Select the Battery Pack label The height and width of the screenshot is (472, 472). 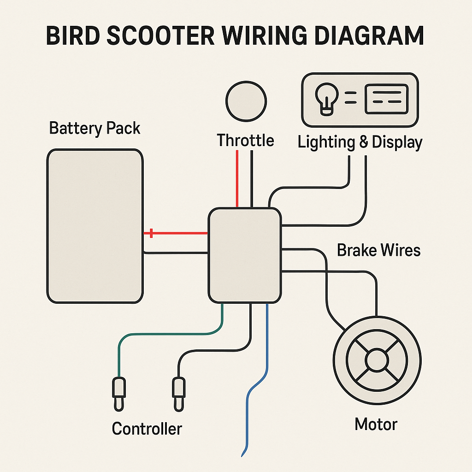[94, 128]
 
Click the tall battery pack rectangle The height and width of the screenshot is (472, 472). [94, 226]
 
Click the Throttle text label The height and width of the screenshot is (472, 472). [245, 140]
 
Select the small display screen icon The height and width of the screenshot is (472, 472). [386, 99]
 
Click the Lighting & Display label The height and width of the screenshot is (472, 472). [360, 142]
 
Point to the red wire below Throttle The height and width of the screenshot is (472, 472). [237, 180]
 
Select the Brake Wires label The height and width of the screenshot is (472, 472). [378, 250]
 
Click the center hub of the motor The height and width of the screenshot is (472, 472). [377, 359]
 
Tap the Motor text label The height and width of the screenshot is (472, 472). [376, 424]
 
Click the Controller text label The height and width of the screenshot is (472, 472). [147, 429]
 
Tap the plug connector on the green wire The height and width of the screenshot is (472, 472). [119, 392]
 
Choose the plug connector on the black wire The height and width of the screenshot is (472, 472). [178, 392]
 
